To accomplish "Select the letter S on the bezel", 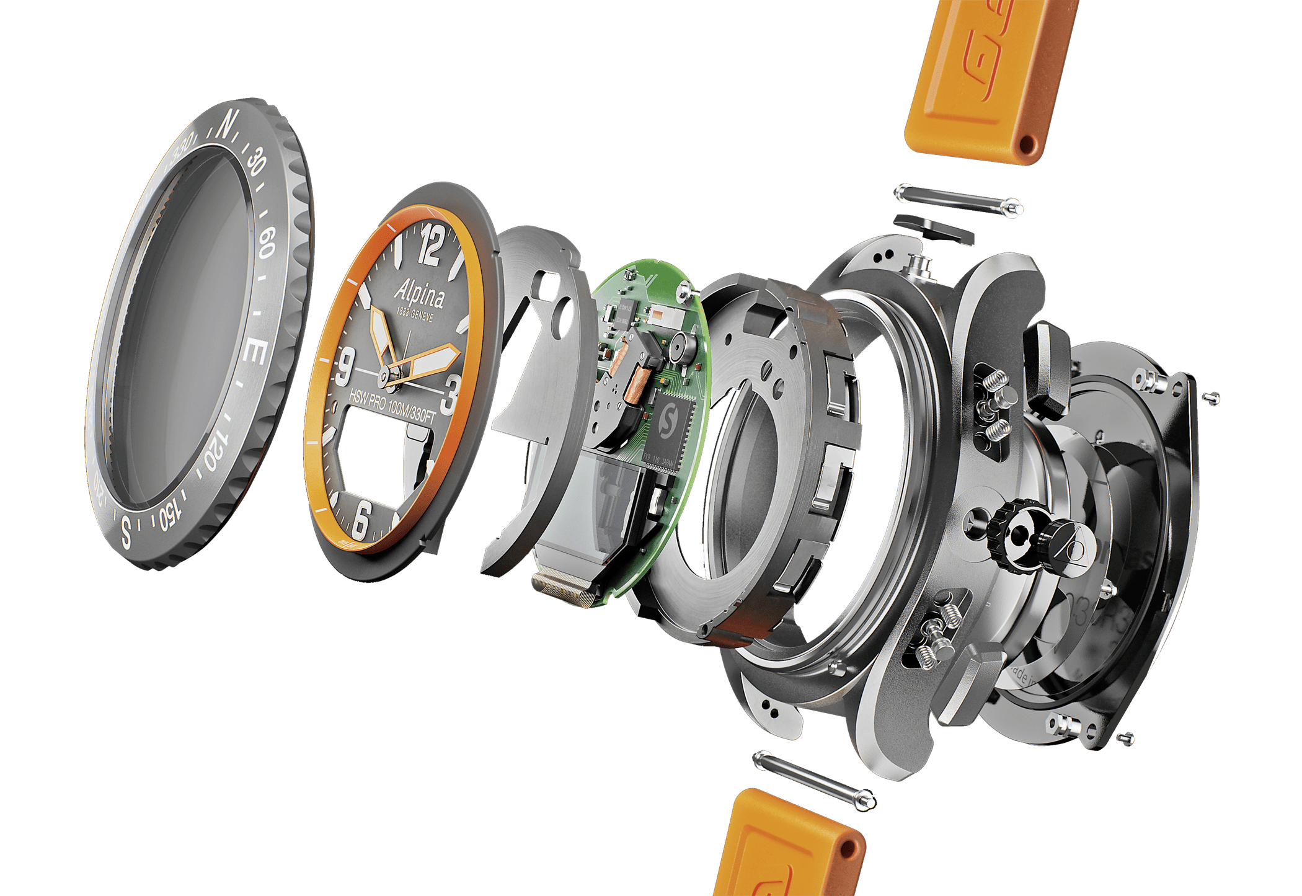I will pos(126,531).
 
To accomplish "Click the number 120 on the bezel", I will pos(213,451).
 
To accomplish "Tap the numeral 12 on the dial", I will pos(430,246).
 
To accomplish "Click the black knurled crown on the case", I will pos(1009,534).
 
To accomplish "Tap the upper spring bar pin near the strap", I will pos(958,200).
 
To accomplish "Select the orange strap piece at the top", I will pos(986,81).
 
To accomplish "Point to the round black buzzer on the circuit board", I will pos(678,348).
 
